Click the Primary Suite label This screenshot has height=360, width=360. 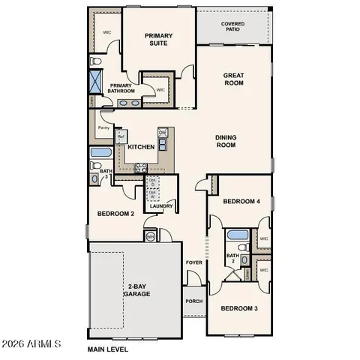click(x=159, y=39)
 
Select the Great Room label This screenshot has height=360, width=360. click(x=235, y=79)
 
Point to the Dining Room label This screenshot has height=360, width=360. click(x=226, y=141)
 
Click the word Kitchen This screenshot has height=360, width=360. click(x=141, y=147)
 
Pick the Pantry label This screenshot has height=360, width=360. click(x=102, y=127)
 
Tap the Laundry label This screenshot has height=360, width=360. click(x=161, y=205)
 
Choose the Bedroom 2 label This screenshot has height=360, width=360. click(x=115, y=214)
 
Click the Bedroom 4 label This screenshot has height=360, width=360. click(x=241, y=201)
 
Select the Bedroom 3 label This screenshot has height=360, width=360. click(x=238, y=308)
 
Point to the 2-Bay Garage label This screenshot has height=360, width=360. click(x=137, y=290)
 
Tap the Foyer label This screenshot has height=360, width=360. click(x=194, y=262)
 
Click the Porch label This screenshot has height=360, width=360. click(x=193, y=301)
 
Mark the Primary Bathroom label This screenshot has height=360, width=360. click(x=122, y=88)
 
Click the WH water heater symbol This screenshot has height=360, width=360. click(x=150, y=237)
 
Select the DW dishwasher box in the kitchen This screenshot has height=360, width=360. click(x=162, y=133)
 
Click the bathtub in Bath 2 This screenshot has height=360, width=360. click(x=238, y=234)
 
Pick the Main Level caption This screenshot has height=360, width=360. click(x=108, y=349)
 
